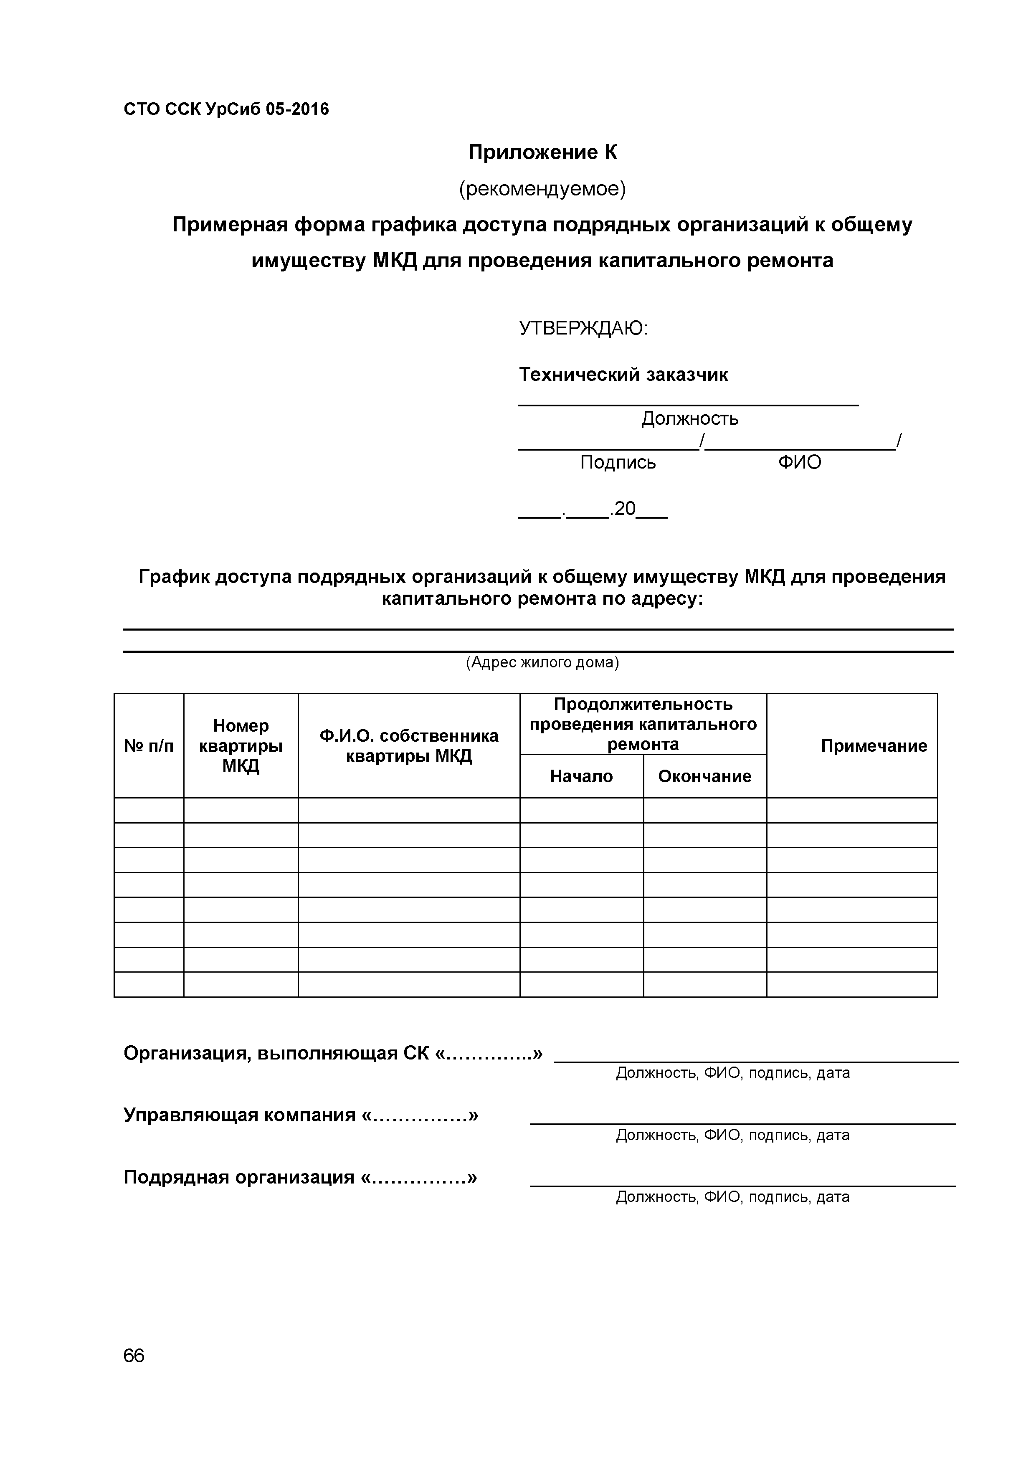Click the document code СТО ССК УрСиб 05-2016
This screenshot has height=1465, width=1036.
point(226,110)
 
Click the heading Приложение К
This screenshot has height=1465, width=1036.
point(542,152)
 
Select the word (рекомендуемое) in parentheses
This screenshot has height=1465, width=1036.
point(542,189)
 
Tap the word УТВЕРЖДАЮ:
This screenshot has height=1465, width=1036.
point(583,329)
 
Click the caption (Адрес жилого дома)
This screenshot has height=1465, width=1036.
point(542,662)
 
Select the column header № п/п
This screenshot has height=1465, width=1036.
point(149,746)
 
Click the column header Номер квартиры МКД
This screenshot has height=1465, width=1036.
point(241,746)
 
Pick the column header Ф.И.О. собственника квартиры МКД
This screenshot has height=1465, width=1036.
point(408,746)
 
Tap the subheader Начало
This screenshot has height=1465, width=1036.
point(581,776)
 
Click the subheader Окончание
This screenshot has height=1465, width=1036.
point(704,776)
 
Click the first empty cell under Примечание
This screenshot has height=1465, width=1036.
point(851,810)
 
